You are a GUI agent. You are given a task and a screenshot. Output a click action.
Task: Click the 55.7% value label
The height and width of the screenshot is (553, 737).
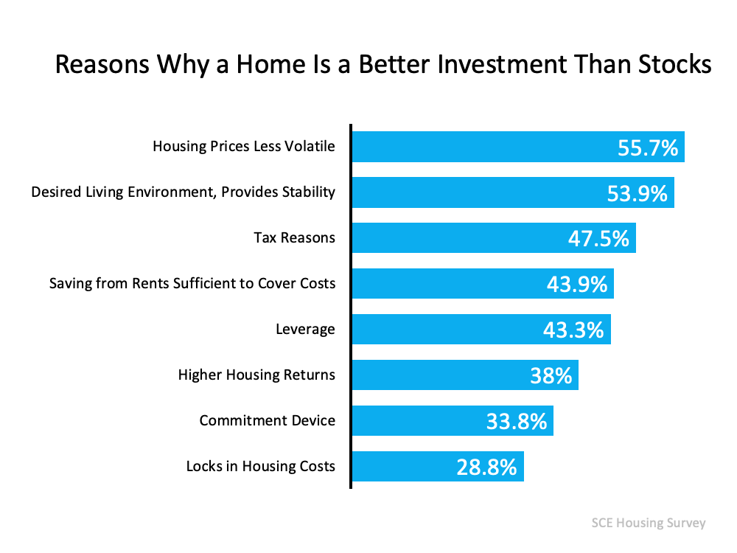click(x=647, y=148)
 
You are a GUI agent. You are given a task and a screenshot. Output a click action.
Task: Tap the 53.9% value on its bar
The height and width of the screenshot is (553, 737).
click(x=637, y=194)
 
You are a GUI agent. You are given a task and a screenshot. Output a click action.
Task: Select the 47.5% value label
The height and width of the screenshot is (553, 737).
click(x=598, y=239)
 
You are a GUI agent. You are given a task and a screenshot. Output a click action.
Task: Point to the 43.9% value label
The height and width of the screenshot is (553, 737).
click(x=577, y=285)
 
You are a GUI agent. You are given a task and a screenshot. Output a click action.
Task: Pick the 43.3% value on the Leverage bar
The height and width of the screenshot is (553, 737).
click(x=573, y=330)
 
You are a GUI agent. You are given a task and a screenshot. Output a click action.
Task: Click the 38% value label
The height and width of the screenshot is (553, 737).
click(x=551, y=376)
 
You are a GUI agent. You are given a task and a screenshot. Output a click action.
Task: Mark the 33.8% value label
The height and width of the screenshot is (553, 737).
click(x=516, y=422)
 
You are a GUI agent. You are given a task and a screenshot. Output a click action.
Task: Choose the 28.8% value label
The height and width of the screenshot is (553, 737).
click(x=486, y=467)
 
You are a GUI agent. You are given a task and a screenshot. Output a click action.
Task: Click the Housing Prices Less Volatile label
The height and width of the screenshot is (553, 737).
click(x=243, y=146)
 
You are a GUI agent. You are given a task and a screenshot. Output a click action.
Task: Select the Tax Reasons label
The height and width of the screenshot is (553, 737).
click(x=294, y=237)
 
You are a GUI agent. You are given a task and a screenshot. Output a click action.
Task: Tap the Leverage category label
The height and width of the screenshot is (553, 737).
click(x=305, y=329)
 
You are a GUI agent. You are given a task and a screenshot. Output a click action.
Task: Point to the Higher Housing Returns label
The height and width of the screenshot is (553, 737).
click(x=256, y=375)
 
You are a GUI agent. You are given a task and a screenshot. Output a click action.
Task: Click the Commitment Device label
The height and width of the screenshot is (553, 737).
click(x=267, y=420)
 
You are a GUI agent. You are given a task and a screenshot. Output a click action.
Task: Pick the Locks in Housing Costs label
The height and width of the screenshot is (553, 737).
click(x=260, y=466)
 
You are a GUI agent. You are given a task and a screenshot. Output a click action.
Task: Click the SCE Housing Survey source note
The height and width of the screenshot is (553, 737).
click(x=649, y=523)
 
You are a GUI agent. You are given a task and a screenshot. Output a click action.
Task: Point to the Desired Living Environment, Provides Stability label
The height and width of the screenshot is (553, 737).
click(x=183, y=192)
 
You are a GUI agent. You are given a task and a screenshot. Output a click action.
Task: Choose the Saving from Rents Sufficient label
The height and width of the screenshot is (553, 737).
click(x=192, y=283)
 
